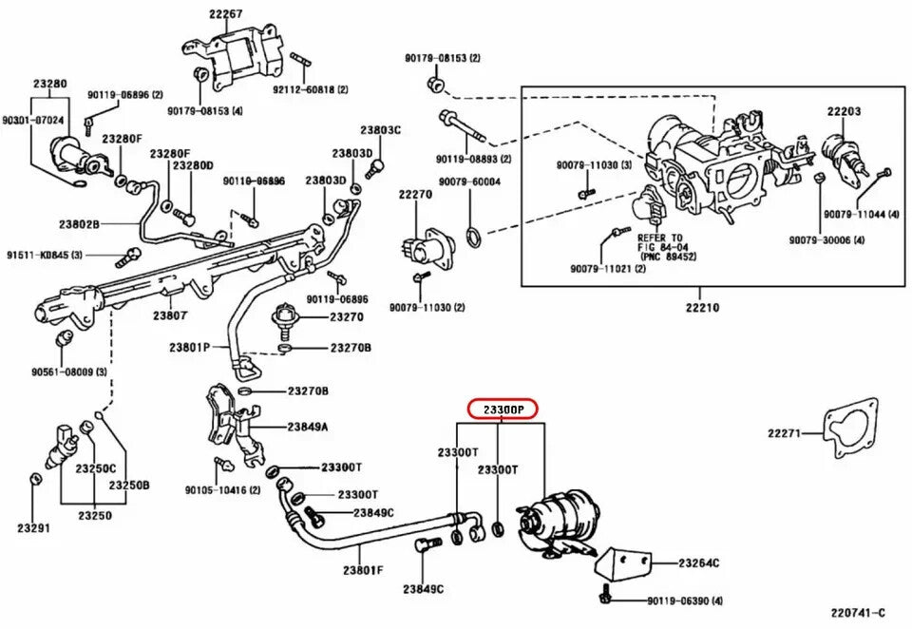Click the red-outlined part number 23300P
503,410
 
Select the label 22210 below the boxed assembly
700,308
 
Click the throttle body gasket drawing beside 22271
851,432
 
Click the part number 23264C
698,563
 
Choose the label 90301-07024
32,121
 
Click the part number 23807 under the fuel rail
171,314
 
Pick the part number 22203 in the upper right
844,111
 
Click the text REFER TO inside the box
660,238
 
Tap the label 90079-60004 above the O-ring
469,181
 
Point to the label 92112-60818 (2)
311,88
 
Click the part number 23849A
308,427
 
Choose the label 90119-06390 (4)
685,600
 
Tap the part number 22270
415,194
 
